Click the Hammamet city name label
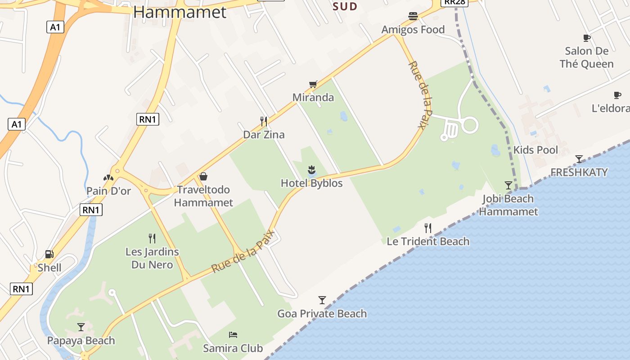click(x=180, y=12)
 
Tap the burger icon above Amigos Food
click(x=413, y=17)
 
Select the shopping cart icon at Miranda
click(x=313, y=84)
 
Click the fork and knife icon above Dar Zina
click(x=264, y=121)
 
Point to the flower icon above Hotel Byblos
click(x=311, y=170)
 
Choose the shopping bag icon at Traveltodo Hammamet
click(x=203, y=176)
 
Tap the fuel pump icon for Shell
click(x=49, y=254)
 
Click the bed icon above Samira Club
click(x=233, y=335)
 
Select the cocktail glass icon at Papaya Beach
click(x=81, y=327)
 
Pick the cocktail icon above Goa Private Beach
click(x=322, y=300)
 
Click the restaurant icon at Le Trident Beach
click(x=428, y=228)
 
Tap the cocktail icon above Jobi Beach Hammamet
click(x=508, y=185)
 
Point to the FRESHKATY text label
click(x=579, y=172)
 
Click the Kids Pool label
click(x=535, y=150)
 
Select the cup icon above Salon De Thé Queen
click(x=586, y=38)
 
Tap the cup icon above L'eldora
click(x=617, y=95)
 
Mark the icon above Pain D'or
click(x=108, y=178)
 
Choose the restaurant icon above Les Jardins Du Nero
click(x=152, y=238)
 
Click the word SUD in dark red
click(x=345, y=6)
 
